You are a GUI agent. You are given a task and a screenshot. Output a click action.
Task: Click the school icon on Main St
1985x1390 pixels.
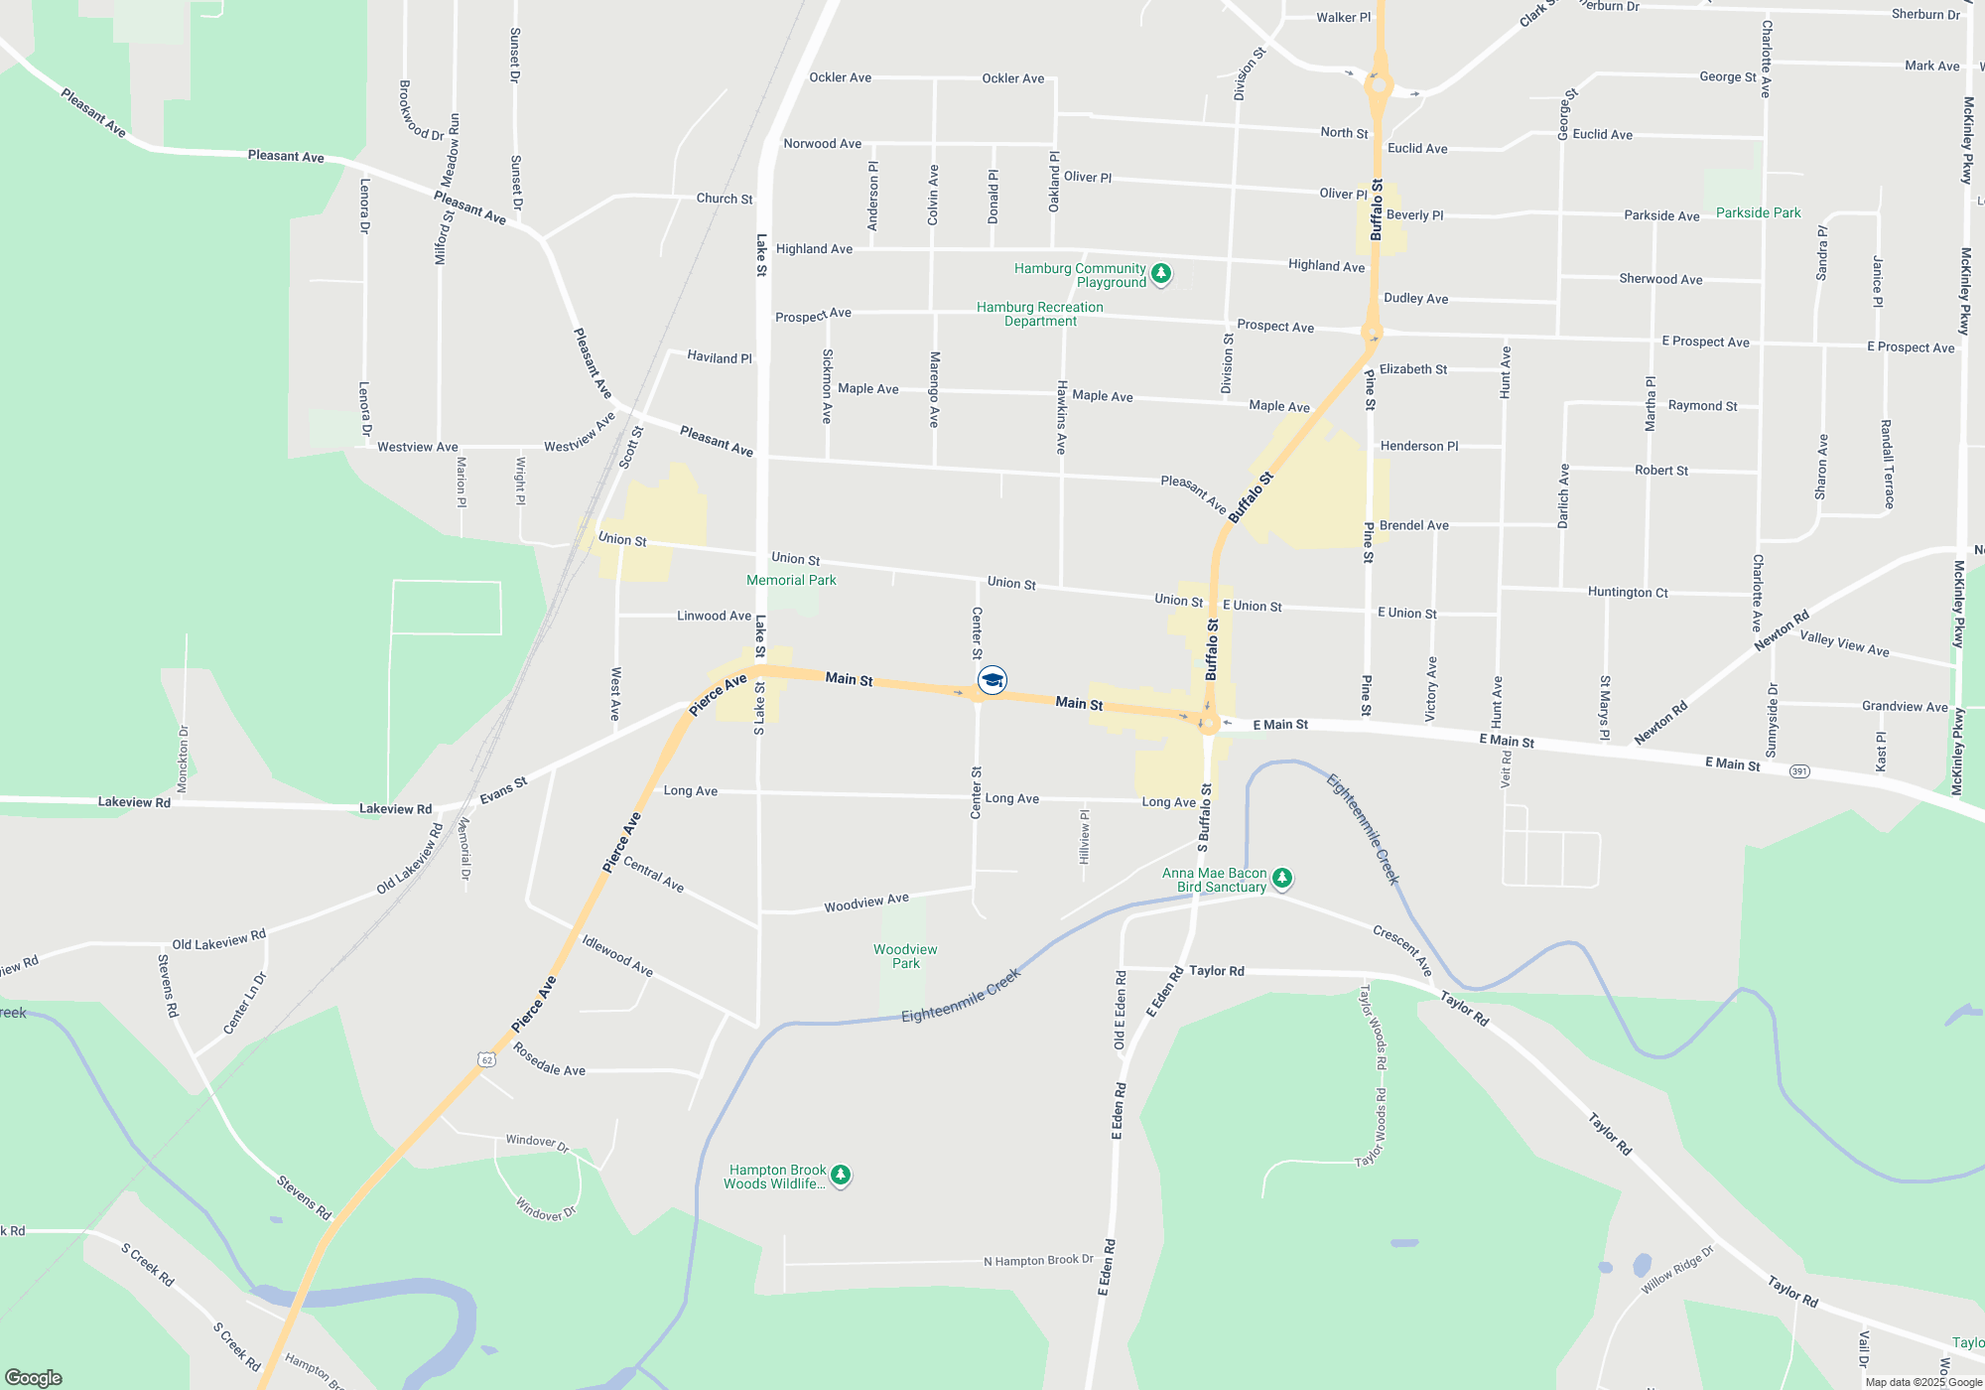point(992,680)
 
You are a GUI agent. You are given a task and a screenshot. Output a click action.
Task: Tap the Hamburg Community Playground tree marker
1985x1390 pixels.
point(1160,273)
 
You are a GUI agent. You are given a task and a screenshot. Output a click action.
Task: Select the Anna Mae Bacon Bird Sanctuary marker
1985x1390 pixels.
point(1282,878)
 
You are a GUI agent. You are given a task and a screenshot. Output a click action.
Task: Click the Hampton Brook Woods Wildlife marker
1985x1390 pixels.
point(841,1176)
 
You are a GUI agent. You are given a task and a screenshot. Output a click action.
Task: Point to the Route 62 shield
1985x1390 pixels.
point(486,1059)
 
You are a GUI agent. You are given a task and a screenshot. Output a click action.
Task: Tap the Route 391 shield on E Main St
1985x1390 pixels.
point(1799,771)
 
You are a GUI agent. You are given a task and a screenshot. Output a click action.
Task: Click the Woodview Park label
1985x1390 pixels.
point(905,956)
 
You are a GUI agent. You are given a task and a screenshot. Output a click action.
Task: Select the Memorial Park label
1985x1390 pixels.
point(791,580)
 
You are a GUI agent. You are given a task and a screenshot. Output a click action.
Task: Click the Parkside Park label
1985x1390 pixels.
point(1758,212)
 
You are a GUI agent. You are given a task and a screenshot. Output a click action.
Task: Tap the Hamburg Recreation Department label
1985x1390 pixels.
point(1039,314)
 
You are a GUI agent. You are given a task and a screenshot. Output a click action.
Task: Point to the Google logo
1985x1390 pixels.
point(34,1377)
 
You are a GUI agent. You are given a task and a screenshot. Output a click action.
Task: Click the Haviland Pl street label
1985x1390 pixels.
point(720,357)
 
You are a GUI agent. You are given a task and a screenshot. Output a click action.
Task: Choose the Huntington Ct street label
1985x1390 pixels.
point(1628,592)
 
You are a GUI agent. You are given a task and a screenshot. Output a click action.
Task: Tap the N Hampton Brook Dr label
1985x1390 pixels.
point(1038,1260)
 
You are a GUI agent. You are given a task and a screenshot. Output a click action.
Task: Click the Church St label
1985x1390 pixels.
point(725,199)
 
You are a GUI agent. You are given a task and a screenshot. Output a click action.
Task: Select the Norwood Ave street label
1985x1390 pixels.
point(823,144)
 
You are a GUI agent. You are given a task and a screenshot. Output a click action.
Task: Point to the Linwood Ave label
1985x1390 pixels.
point(714,616)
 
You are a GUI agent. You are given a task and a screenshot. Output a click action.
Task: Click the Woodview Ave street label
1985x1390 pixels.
point(866,903)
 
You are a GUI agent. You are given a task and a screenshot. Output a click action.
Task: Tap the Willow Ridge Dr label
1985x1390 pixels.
point(1677,1270)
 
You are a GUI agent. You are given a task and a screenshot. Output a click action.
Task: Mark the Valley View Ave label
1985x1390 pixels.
point(1844,643)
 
